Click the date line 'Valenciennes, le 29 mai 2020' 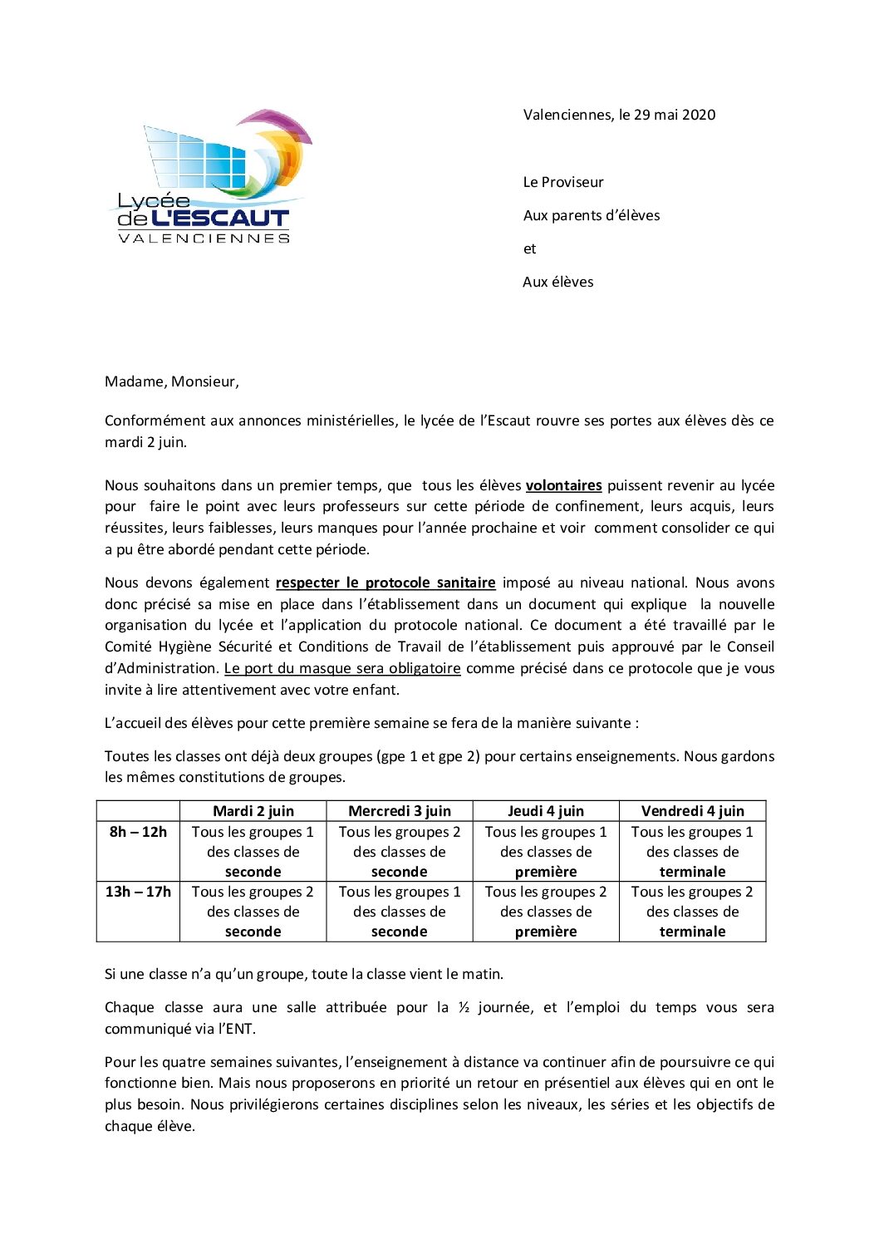619,115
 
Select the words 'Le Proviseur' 563,182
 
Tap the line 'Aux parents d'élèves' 592,215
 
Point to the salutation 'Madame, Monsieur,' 172,381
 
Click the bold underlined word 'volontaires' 563,485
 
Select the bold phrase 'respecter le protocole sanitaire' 385,583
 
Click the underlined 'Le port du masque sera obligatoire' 342,668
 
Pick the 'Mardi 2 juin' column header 253,811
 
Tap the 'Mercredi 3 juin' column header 400,811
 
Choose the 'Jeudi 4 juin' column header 546,811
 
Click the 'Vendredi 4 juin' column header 692,811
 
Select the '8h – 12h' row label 138,832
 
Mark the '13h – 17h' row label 138,892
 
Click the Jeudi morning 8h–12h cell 546,852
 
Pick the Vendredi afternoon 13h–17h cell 692,912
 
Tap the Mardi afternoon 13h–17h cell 253,912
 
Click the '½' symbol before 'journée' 464,1007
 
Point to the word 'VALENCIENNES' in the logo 204,238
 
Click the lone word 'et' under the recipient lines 529,248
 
